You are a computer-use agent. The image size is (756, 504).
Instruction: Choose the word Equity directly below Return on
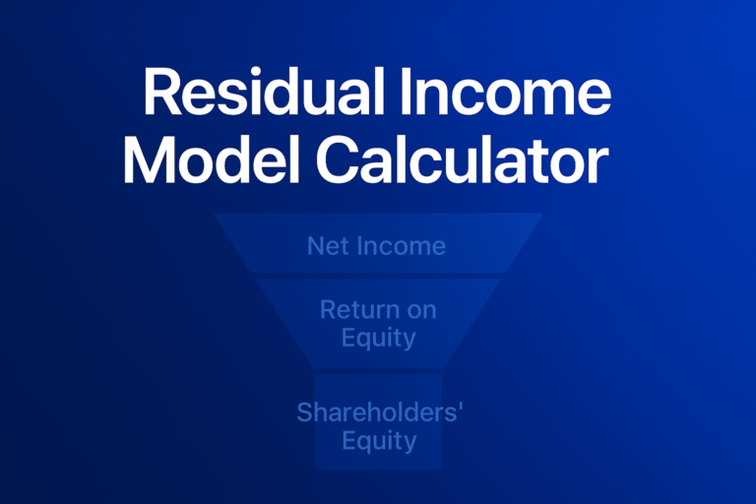(379, 338)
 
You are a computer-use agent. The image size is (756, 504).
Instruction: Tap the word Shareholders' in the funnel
(377, 412)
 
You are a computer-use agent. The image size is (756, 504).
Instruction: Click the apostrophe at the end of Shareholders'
(459, 407)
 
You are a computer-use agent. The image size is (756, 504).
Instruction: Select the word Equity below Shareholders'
(379, 440)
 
